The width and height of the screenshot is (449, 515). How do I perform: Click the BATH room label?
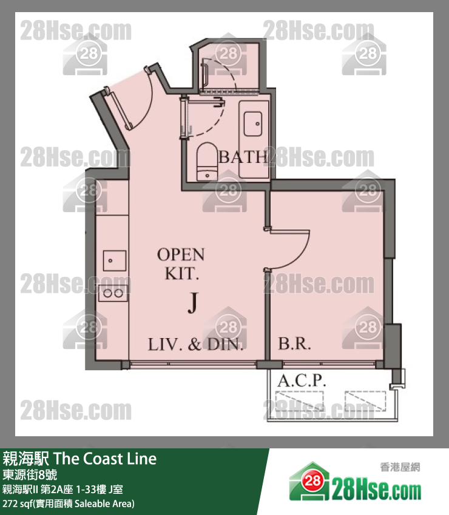243,158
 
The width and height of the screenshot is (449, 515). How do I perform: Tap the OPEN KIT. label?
181,264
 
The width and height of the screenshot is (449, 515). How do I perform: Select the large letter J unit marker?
192,303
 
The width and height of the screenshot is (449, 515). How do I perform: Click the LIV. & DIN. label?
195,345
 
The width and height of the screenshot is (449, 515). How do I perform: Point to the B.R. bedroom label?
294,345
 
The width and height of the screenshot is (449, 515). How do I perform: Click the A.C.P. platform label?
302,381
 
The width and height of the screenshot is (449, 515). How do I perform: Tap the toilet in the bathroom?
207,161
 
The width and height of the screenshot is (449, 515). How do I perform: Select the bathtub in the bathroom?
253,139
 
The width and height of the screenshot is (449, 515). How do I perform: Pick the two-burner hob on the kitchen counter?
113,293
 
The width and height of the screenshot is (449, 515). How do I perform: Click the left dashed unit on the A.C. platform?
297,401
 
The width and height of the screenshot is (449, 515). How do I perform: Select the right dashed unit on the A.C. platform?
365,401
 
